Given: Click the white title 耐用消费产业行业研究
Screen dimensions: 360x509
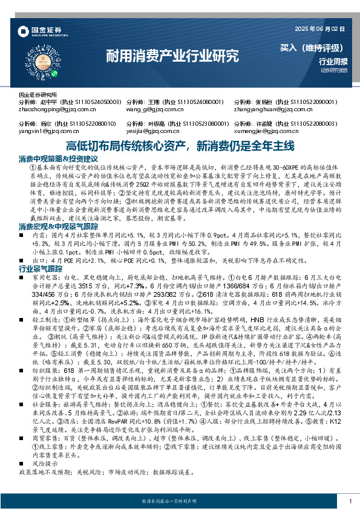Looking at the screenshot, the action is (x=172, y=57).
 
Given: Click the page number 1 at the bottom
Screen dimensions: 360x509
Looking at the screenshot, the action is (x=350, y=501).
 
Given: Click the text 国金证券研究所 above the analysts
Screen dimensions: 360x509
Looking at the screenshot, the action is (x=38, y=95).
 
